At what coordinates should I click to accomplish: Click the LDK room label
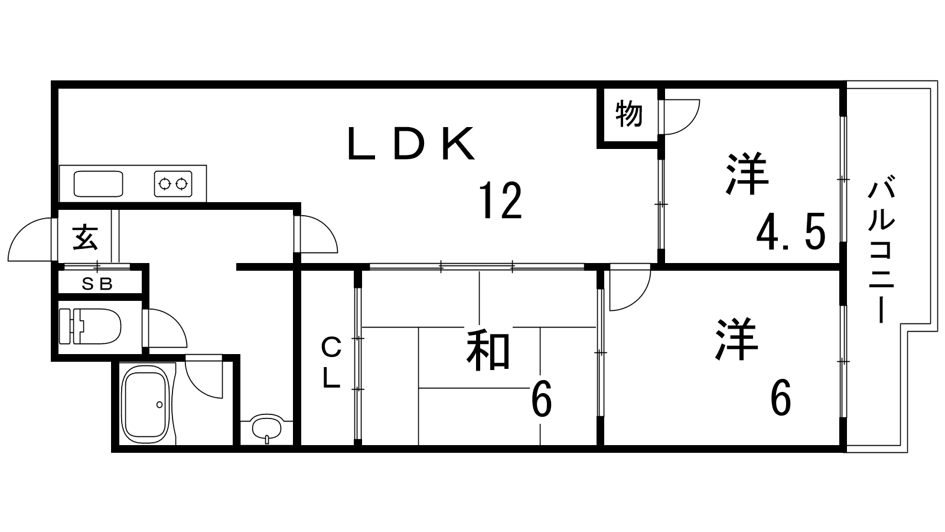[x=412, y=144]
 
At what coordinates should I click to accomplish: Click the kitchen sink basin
[x=98, y=183]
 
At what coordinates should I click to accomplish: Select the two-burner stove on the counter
[x=174, y=183]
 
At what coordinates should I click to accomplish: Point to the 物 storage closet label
[x=628, y=114]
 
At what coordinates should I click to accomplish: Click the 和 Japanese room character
[x=488, y=351]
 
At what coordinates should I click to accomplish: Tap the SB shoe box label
[x=97, y=284]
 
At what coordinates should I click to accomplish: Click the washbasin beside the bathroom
[x=266, y=427]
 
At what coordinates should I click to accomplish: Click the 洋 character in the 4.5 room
[x=747, y=174]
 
